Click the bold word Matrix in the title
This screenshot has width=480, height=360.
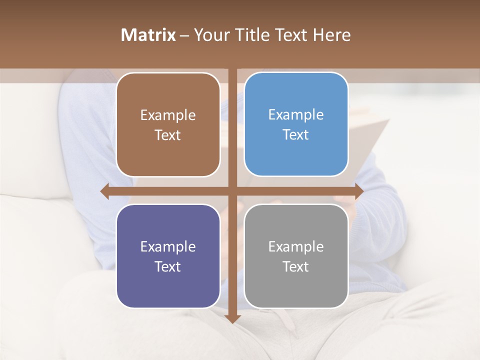tap(148, 35)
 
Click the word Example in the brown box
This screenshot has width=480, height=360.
tap(168, 115)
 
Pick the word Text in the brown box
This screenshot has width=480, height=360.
tap(168, 135)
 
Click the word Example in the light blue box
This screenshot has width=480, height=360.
tap(296, 115)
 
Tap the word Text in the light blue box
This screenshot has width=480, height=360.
tap(296, 135)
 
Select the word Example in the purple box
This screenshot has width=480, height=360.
tap(168, 247)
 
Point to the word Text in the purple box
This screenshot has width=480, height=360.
tap(168, 267)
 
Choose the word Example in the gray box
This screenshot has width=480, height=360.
tap(296, 247)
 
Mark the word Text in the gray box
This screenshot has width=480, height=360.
tap(296, 267)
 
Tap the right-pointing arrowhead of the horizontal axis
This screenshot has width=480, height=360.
tap(358, 191)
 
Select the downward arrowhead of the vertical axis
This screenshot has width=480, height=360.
tap(232, 318)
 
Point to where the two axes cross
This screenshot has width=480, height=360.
tap(232, 191)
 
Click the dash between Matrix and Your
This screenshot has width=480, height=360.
tap(184, 35)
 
